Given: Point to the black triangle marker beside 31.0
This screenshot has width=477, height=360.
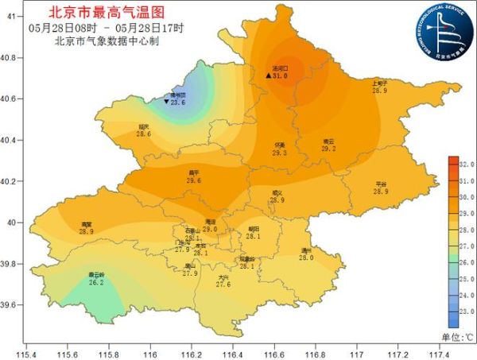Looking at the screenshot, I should (x=269, y=75).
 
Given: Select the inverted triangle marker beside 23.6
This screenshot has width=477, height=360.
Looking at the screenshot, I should (x=165, y=103).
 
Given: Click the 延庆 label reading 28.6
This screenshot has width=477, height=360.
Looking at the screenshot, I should (x=143, y=130).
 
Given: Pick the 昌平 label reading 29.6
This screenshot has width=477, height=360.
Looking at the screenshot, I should (x=194, y=177).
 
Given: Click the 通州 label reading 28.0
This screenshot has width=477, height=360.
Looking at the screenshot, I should (x=306, y=254).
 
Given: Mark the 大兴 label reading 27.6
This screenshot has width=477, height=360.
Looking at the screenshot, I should (x=223, y=281).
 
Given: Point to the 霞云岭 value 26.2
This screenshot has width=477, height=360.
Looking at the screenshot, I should (x=96, y=279).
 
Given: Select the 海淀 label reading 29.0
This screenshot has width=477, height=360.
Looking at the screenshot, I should (x=210, y=226).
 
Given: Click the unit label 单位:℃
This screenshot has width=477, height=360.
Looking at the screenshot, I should (x=457, y=338).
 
